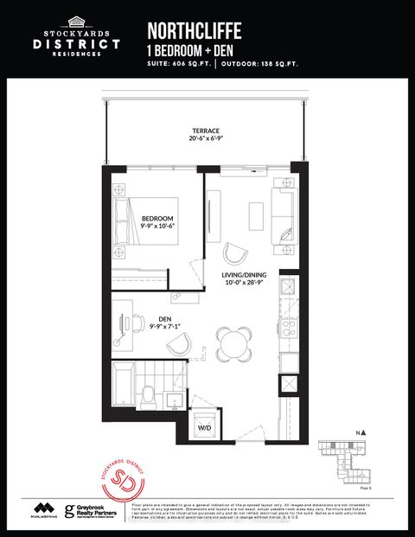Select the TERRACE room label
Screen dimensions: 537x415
pyautogui.click(x=206, y=131)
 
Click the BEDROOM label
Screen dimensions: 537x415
pyautogui.click(x=160, y=218)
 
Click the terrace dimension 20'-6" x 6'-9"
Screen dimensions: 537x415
pyautogui.click(x=206, y=140)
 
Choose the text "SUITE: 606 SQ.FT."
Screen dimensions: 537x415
pyautogui.click(x=179, y=64)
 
